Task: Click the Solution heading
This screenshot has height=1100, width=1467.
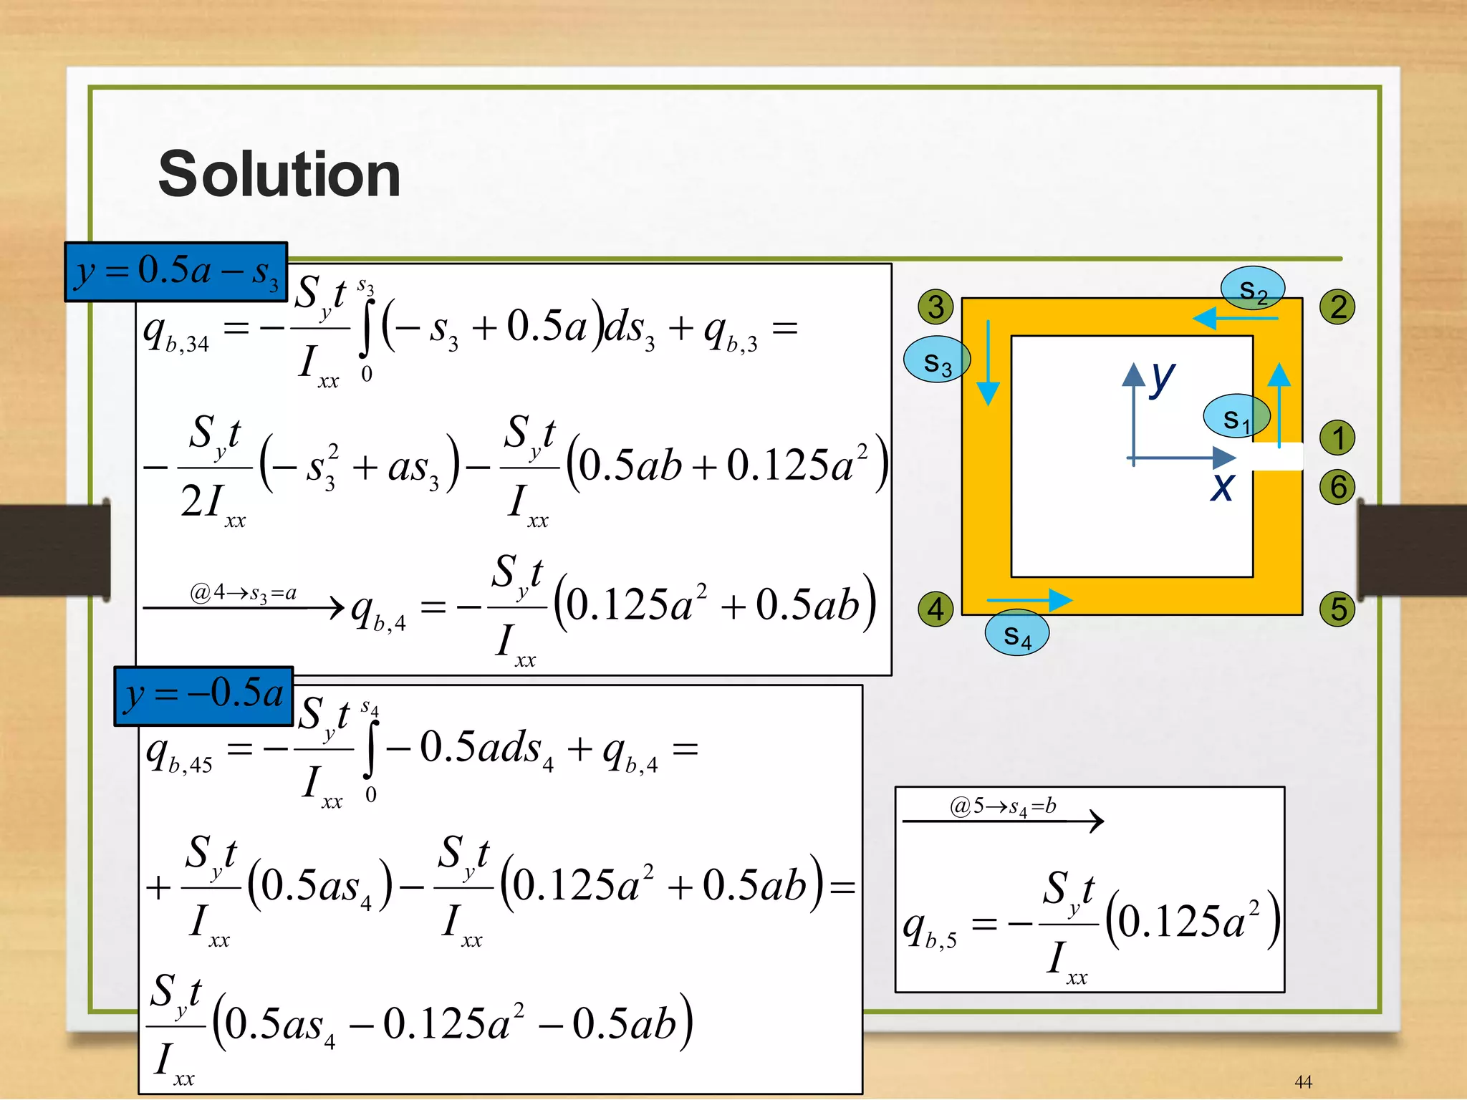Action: (279, 174)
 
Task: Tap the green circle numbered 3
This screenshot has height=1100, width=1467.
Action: (935, 307)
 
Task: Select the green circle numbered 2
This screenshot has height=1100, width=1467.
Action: (1337, 307)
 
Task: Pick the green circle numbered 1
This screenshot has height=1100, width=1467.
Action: (1337, 438)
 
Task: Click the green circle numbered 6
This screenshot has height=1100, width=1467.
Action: (1337, 487)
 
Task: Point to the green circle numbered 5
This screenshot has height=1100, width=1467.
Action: (1337, 609)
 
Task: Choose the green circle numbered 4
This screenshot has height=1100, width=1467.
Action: (935, 609)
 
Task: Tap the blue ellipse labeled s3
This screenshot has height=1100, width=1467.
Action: (937, 360)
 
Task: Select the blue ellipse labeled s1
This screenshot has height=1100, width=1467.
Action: (1236, 415)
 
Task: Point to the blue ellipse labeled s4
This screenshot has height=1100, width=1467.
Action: (1017, 632)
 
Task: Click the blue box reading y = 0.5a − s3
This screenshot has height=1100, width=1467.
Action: (176, 272)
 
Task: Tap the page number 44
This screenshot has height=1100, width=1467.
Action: (1303, 1081)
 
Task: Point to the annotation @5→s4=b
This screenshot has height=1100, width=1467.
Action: (1003, 807)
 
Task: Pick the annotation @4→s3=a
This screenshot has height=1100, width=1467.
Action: (243, 593)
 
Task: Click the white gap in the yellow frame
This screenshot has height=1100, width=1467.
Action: (1276, 456)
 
